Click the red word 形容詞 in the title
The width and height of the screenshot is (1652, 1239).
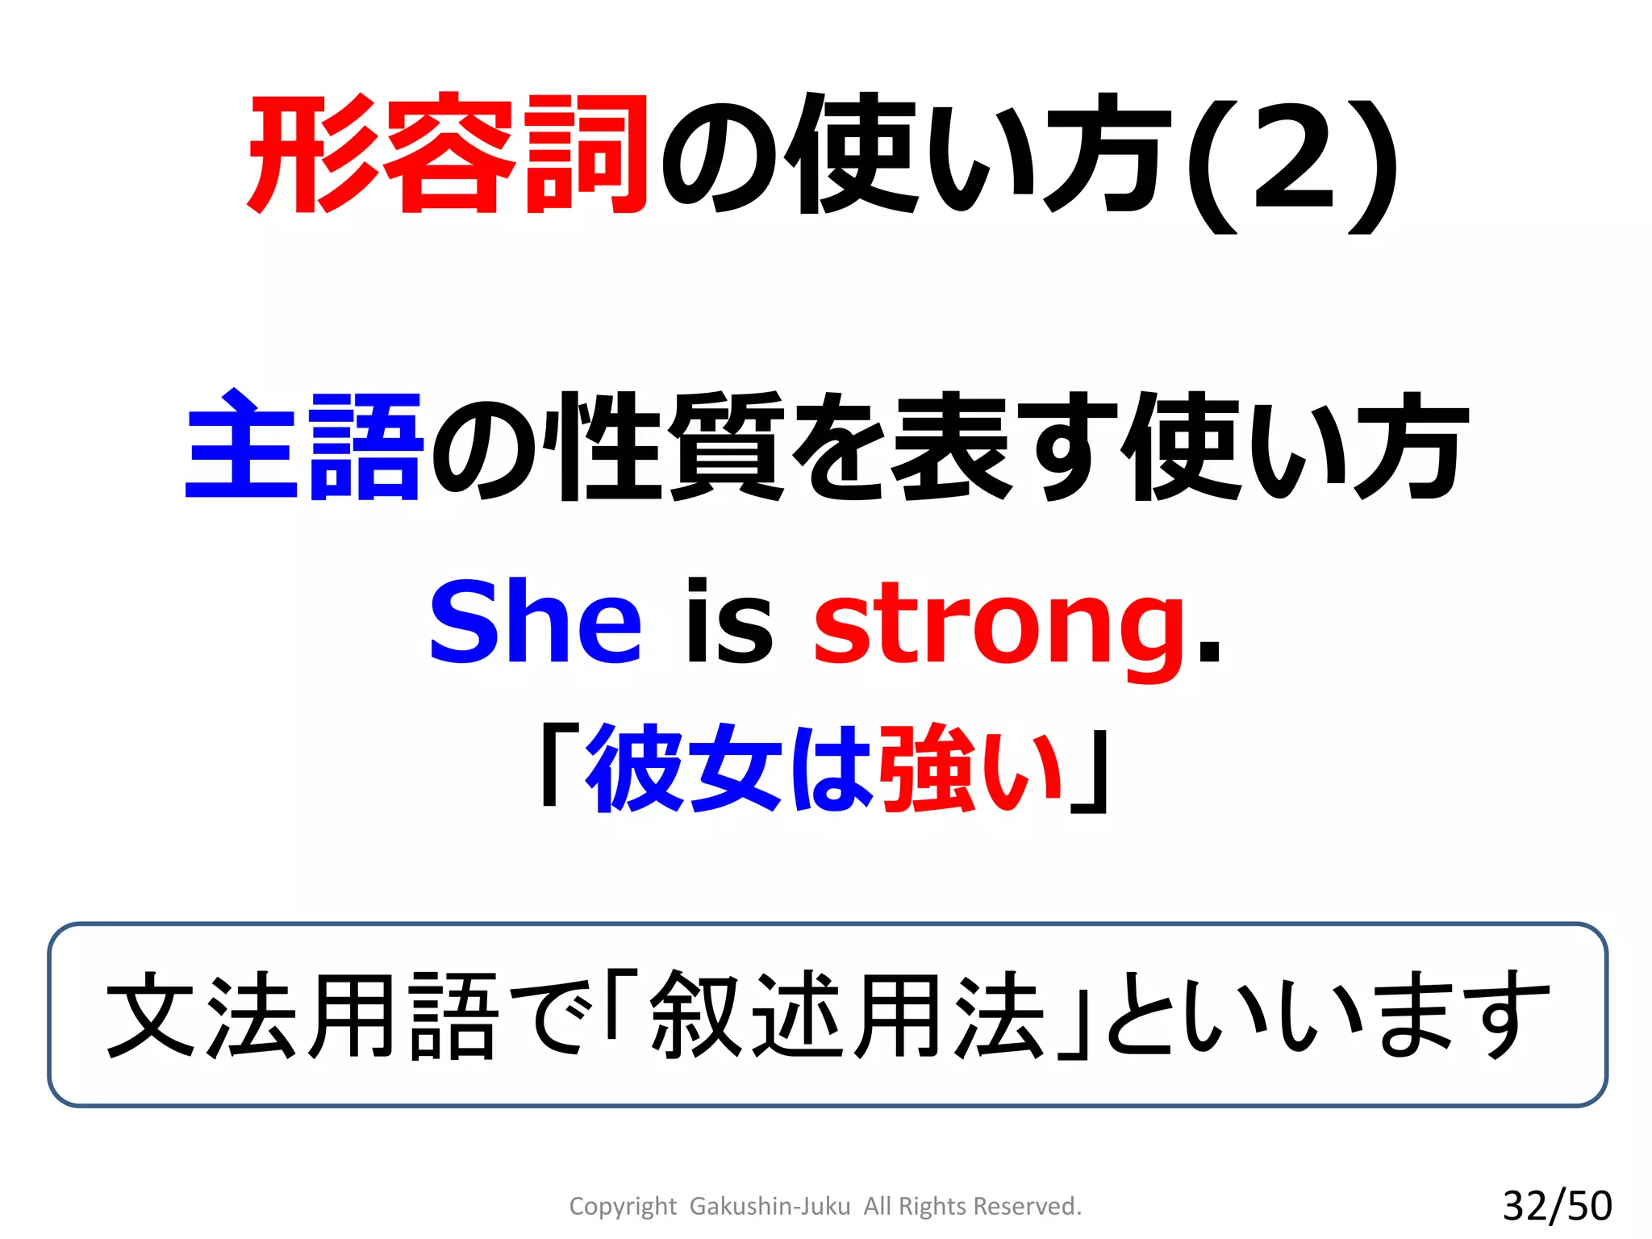click(448, 155)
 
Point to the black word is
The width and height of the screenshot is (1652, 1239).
click(728, 622)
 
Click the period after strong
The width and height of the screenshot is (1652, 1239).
click(1209, 650)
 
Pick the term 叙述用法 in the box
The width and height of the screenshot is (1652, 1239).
click(847, 1015)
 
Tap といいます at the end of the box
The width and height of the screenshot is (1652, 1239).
click(1327, 1015)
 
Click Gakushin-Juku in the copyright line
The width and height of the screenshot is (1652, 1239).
click(770, 1206)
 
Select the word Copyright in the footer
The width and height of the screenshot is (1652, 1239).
click(622, 1206)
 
